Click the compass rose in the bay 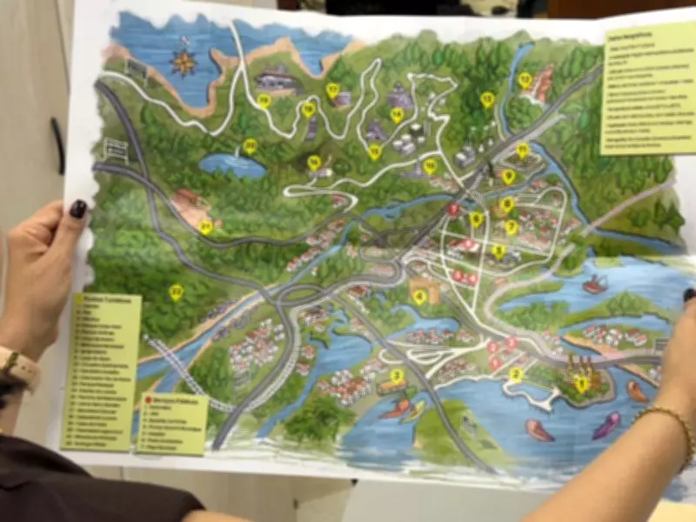tap(184, 61)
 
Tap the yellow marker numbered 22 tap(177, 292)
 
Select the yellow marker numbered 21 tap(205, 227)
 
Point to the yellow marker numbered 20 tap(250, 146)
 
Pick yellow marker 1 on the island tap(581, 383)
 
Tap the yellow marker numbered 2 tap(515, 375)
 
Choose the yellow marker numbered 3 tap(398, 377)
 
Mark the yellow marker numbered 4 tap(419, 297)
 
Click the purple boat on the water tap(606, 425)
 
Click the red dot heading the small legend tap(149, 403)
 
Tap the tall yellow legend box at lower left tap(102, 370)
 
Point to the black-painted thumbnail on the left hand tap(78, 209)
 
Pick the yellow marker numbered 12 tap(525, 80)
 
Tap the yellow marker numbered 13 tap(487, 99)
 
